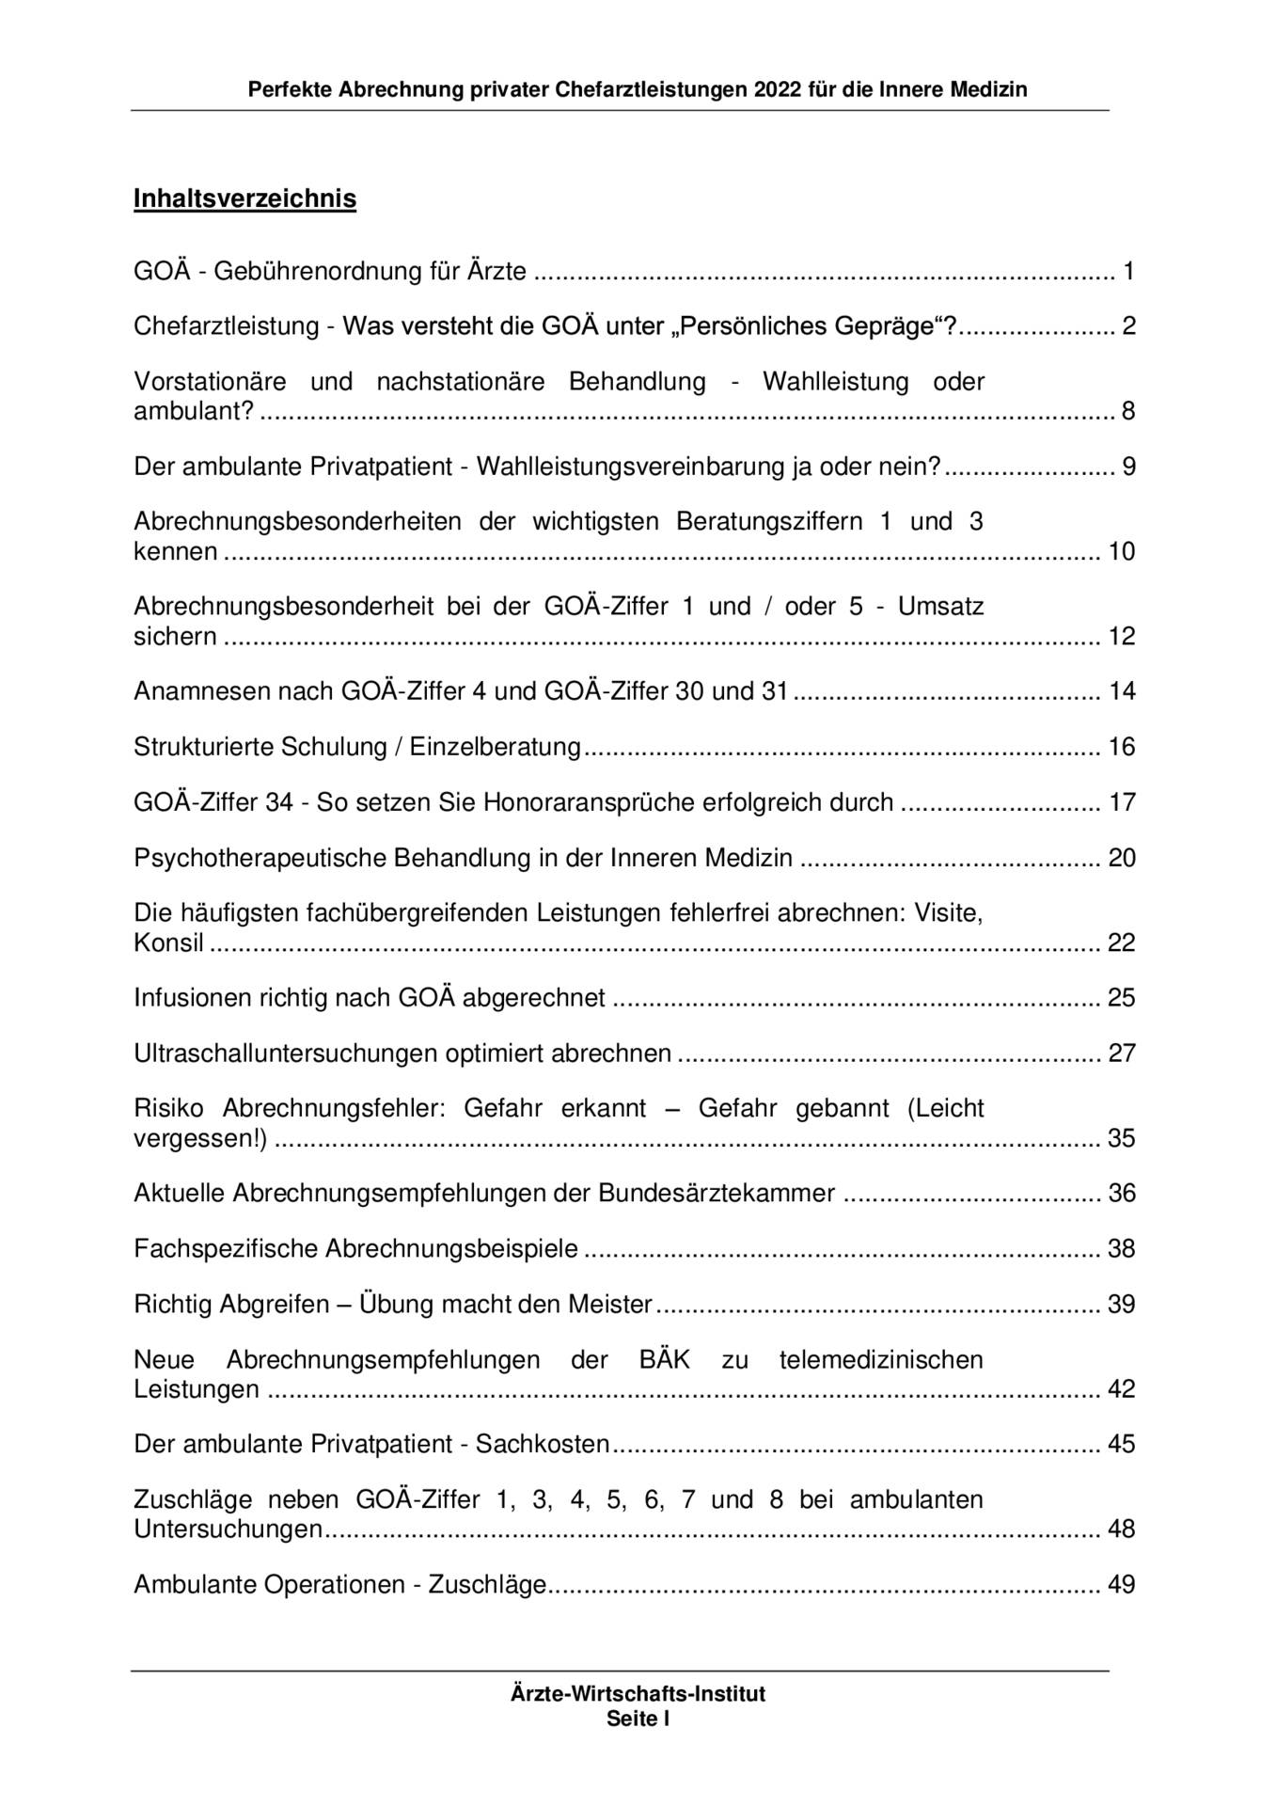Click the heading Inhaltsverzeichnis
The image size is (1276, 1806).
[x=244, y=199]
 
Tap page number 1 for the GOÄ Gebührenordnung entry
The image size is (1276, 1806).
[x=1128, y=272]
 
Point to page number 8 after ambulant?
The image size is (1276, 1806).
[x=1128, y=411]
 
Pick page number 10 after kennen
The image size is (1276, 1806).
[x=1122, y=551]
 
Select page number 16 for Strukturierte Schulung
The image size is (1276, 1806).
[x=1122, y=747]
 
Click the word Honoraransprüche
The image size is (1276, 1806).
[x=593, y=802]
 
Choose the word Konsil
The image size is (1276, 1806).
[x=168, y=943]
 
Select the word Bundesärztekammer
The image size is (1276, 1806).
[x=717, y=1193]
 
